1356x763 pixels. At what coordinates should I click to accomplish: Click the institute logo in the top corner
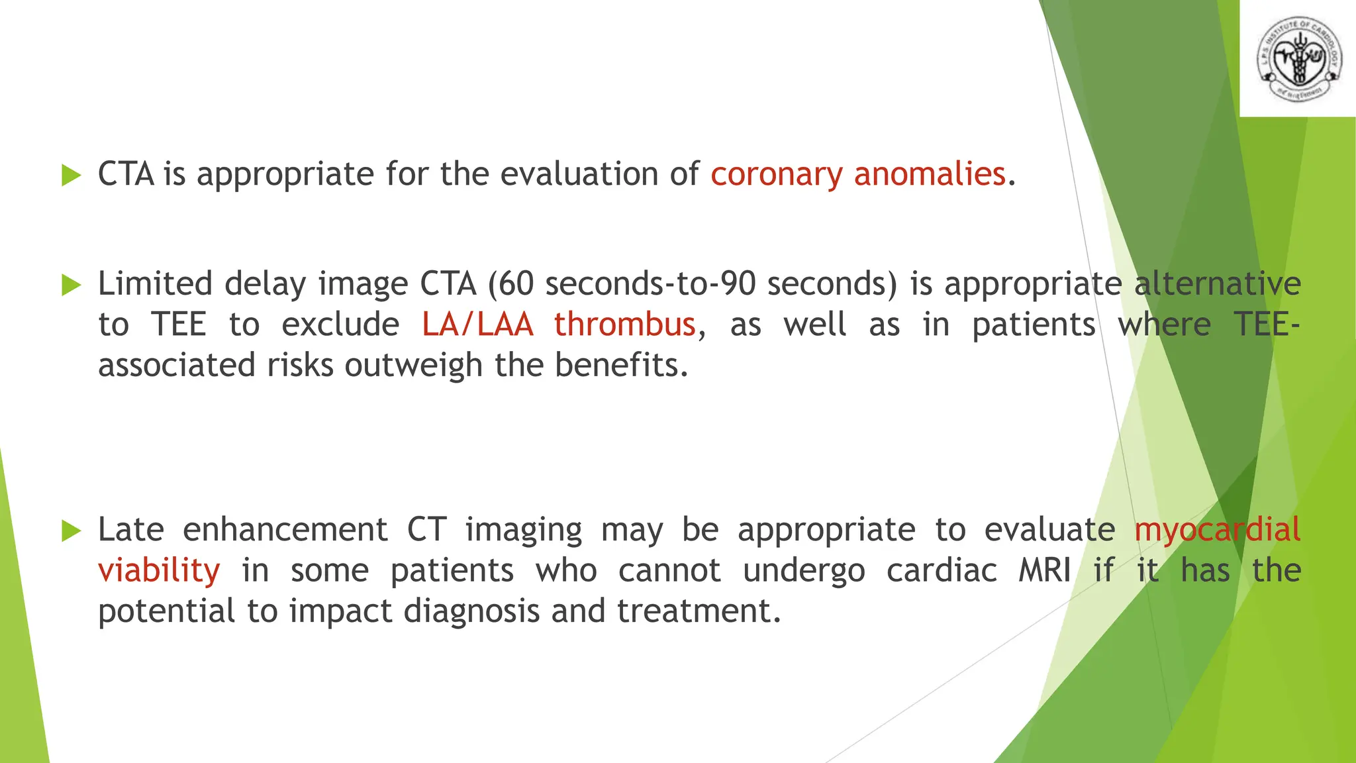tap(1298, 59)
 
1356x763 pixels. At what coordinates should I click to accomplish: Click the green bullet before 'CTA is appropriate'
tap(71, 176)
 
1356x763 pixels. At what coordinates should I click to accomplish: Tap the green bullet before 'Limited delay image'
tap(71, 285)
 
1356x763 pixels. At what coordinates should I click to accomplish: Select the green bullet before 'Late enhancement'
tap(71, 531)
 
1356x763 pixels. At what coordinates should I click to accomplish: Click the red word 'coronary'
tap(777, 175)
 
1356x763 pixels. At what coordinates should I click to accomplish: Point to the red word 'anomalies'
tap(930, 175)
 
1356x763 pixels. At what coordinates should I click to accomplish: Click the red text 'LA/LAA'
tap(477, 325)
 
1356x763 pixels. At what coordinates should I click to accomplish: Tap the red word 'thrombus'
tap(624, 325)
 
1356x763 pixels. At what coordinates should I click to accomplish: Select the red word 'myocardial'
tap(1217, 530)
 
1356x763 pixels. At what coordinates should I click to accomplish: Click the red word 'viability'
tap(159, 571)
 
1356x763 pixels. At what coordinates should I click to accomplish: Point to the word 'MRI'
tap(1044, 570)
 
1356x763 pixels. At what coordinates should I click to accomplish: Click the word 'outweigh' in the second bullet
tap(413, 366)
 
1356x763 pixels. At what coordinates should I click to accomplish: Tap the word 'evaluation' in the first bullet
tap(579, 175)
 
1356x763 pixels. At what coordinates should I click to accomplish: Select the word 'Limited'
tap(155, 284)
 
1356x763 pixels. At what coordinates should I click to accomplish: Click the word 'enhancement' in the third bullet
tap(285, 530)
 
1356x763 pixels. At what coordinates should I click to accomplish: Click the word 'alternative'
tap(1217, 284)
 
